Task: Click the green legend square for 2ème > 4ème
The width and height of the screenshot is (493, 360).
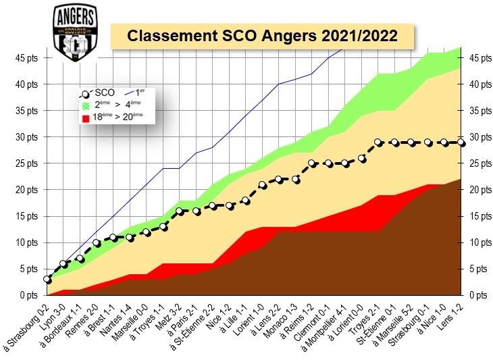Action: pyautogui.click(x=86, y=106)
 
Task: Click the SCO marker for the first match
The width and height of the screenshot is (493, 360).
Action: pyautogui.click(x=47, y=279)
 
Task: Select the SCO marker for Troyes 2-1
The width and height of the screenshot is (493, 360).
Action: pyautogui.click(x=378, y=143)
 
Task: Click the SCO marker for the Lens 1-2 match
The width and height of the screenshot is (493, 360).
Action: pyautogui.click(x=461, y=143)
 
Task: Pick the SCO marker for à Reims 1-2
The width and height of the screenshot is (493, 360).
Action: pyautogui.click(x=312, y=163)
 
